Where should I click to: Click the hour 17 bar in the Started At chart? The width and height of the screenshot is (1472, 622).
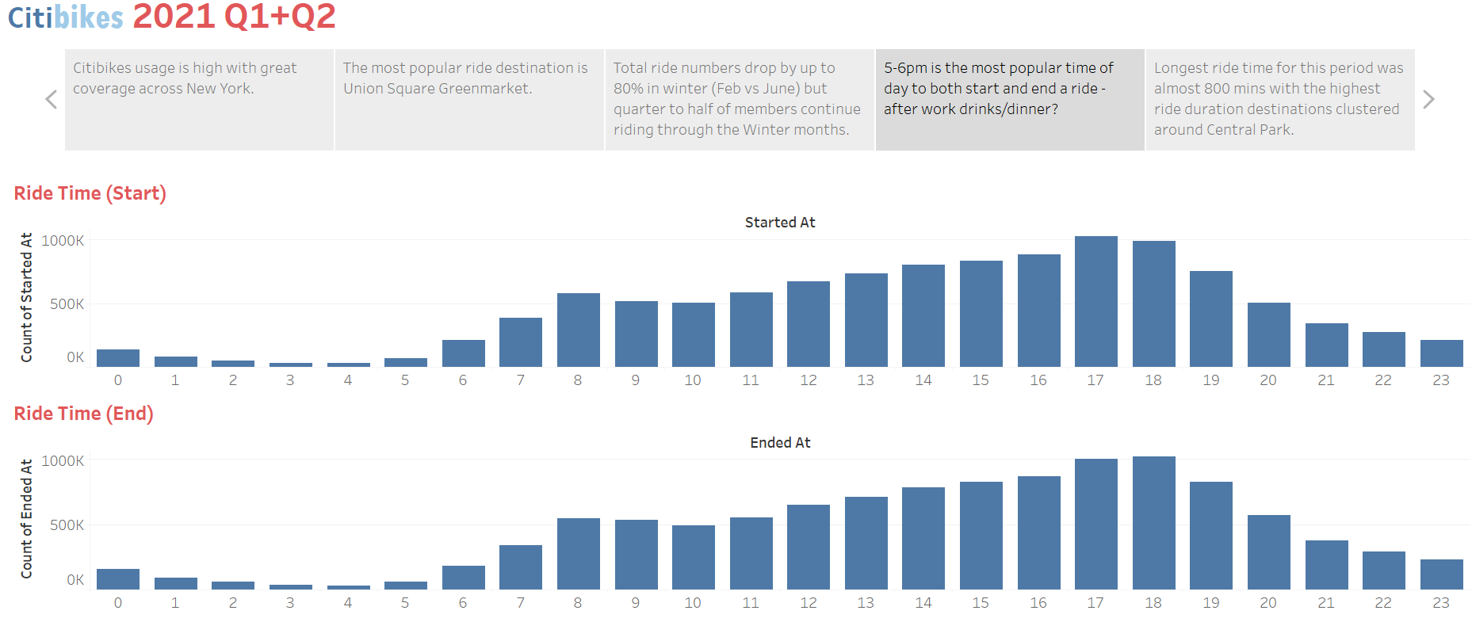(1096, 301)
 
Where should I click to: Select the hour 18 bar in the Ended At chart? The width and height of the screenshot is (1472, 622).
(1154, 523)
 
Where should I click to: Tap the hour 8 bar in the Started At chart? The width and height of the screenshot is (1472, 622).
(579, 330)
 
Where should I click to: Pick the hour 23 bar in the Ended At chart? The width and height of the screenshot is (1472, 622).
(1441, 574)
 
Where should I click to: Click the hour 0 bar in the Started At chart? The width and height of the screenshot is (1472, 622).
(118, 358)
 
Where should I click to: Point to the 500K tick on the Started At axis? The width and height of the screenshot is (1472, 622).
(67, 304)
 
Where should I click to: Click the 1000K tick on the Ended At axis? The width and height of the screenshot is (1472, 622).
(63, 460)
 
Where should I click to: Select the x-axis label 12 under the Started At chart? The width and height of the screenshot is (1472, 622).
(809, 380)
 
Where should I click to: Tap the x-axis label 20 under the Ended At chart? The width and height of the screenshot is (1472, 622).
(1268, 603)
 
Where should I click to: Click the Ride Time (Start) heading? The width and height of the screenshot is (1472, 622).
(90, 193)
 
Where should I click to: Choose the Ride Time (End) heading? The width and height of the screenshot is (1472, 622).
(83, 414)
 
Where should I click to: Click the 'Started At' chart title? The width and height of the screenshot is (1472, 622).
(780, 223)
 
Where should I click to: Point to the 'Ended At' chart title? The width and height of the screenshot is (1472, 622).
(780, 443)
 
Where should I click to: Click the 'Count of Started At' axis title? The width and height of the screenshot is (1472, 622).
(27, 297)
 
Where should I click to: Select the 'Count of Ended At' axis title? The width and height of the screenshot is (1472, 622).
(27, 519)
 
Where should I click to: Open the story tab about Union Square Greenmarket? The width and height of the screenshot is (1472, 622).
(468, 99)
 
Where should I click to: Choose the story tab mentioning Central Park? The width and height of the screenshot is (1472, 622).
(1279, 99)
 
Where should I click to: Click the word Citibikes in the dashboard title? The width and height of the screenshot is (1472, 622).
(66, 17)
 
